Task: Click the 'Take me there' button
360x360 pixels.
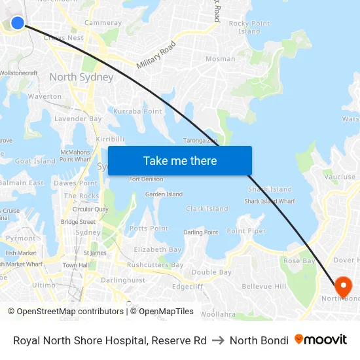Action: (x=180, y=161)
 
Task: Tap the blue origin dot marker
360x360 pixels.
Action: (x=18, y=23)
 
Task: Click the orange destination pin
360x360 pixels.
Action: (x=343, y=287)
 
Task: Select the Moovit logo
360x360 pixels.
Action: (x=321, y=340)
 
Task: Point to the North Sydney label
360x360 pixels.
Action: (x=81, y=77)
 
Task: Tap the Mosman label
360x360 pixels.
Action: (x=221, y=59)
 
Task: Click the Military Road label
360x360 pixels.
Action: (x=156, y=56)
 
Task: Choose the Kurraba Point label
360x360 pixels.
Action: (x=137, y=111)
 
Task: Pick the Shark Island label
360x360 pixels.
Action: (x=270, y=189)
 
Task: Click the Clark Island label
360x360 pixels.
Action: (x=207, y=209)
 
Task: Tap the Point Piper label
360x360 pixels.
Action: (x=246, y=231)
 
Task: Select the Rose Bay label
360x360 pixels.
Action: (x=299, y=261)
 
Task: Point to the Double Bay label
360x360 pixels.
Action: (x=211, y=272)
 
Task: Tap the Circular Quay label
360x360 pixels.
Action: (x=90, y=209)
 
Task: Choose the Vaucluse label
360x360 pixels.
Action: (x=339, y=177)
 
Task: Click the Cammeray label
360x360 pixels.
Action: (x=103, y=23)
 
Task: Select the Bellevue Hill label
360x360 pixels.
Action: (x=264, y=287)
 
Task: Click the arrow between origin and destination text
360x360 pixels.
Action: (x=218, y=340)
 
